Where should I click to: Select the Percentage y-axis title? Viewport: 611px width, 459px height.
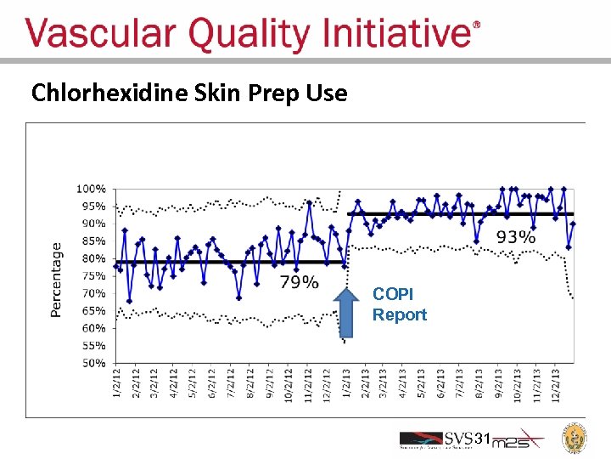point(56,280)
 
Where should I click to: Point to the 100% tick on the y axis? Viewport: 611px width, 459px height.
point(92,188)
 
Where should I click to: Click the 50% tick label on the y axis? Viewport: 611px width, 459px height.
point(93,363)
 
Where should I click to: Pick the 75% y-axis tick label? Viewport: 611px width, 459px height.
point(93,275)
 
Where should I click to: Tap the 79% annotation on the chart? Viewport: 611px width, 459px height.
point(299,281)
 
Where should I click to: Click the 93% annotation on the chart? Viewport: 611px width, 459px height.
point(515,237)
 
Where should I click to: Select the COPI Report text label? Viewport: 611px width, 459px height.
point(399,304)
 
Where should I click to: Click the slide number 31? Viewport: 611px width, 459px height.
point(482,439)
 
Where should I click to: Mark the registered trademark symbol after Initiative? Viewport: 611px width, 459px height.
point(475,26)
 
